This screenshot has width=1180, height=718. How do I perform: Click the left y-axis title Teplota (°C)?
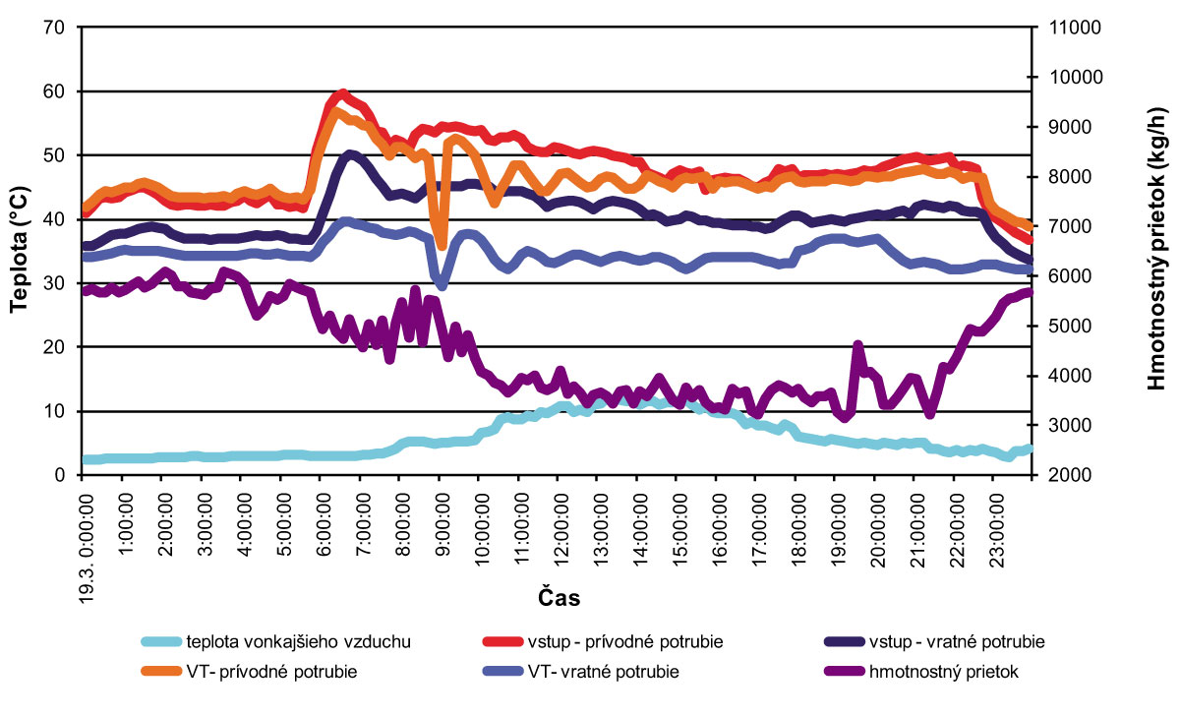[18, 251]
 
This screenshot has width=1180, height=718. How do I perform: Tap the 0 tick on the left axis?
[59, 475]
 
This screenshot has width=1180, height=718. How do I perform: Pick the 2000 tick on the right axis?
[1071, 475]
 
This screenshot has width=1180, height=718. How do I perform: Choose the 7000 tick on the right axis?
[1071, 226]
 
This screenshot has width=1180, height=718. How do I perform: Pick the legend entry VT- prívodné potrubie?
[270, 673]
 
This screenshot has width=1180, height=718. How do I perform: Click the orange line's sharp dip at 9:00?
[441, 243]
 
